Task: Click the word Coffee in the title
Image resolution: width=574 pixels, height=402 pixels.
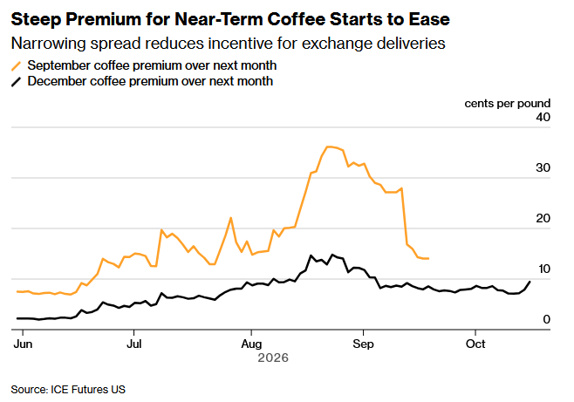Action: pos(296,19)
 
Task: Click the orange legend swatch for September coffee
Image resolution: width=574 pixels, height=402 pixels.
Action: pos(17,66)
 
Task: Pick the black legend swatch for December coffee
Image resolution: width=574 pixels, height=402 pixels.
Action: pos(17,82)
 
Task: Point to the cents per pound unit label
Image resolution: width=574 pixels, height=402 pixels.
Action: pos(508,104)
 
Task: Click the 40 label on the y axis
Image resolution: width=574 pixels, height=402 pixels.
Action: pos(543,117)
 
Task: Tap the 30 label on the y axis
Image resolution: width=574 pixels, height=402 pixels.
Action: pos(543,167)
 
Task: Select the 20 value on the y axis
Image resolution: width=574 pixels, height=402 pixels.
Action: pos(543,218)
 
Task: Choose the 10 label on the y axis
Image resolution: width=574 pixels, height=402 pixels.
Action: pos(544,269)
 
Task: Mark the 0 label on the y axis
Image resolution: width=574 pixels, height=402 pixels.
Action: pos(547,319)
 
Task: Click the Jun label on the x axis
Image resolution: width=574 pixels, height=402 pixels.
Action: pos(23,344)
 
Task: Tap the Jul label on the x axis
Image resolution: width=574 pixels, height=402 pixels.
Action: pos(134,344)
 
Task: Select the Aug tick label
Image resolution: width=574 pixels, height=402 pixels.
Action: pos(251,344)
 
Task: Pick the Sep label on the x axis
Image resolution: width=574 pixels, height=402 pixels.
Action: pos(363,344)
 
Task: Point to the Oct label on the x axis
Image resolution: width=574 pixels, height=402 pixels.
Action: pos(475,344)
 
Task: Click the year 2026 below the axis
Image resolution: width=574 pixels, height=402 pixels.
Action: pos(273,358)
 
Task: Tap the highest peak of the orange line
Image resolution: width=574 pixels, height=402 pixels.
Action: pos(328,146)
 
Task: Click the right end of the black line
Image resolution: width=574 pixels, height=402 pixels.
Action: pos(530,282)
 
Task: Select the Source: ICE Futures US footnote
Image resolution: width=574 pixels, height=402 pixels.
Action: pos(68,390)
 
